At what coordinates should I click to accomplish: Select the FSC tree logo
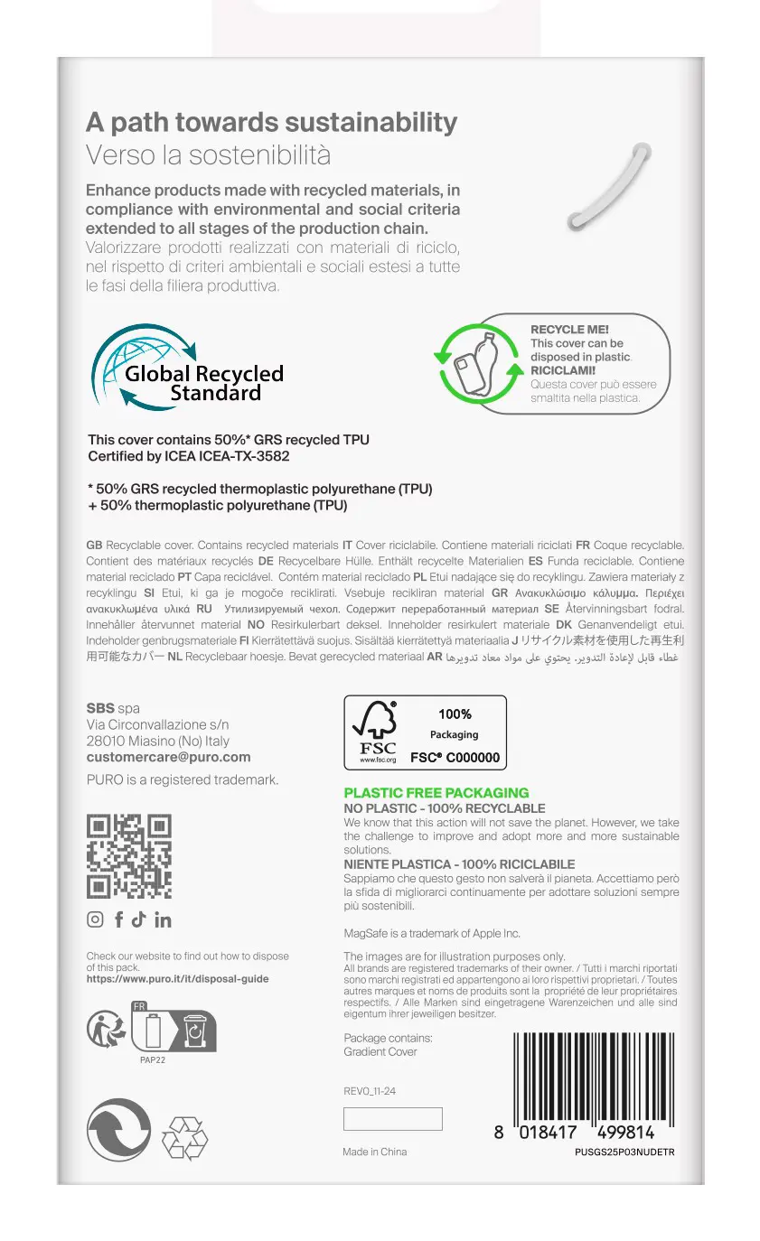(378, 730)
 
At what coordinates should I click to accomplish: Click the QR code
(128, 855)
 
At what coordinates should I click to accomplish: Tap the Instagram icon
(95, 919)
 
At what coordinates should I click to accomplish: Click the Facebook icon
(118, 919)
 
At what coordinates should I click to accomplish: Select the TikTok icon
(138, 919)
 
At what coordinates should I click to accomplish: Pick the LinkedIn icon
(163, 919)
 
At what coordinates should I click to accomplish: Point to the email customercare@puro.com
(168, 757)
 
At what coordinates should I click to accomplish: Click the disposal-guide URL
(177, 978)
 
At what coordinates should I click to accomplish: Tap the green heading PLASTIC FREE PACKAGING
(436, 793)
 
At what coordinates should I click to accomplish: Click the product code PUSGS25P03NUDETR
(624, 1152)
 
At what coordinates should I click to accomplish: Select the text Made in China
(374, 1152)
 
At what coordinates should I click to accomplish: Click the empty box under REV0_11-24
(392, 1119)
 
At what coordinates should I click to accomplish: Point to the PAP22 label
(153, 1059)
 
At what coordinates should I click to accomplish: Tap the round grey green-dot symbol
(118, 1130)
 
